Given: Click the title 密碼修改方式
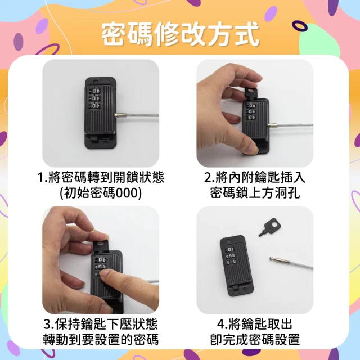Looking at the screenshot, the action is (181, 34).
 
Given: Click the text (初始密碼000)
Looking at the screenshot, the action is (101, 192).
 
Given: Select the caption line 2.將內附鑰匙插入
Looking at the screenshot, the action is (255, 178).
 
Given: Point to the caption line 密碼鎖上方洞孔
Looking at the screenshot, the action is (255, 192).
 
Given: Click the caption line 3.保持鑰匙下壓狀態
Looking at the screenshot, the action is (101, 324).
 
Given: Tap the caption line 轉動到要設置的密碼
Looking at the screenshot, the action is (101, 339).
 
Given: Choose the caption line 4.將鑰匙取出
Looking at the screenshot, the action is (255, 324).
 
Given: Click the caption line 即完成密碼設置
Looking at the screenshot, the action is (255, 339).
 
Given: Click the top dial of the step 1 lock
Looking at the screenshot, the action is (95, 91).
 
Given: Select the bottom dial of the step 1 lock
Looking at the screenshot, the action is (95, 106).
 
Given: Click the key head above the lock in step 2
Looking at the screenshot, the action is (251, 92).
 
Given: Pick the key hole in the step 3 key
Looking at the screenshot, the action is (100, 244).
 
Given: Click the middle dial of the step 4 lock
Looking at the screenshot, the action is (231, 255).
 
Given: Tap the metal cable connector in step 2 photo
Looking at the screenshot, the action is (273, 125).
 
